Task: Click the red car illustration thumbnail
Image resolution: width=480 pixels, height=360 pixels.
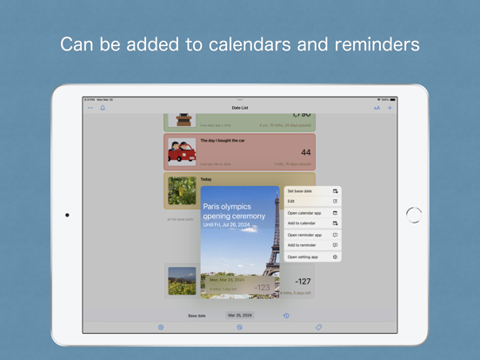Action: click(x=182, y=153)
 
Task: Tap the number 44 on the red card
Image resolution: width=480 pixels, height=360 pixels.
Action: click(x=305, y=153)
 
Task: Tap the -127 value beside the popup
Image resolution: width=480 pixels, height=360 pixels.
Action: click(x=303, y=281)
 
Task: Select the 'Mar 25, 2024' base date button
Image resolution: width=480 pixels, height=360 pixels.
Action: click(x=240, y=316)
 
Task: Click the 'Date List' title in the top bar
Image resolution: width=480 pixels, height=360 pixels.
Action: click(x=240, y=108)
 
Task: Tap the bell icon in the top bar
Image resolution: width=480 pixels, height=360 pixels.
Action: click(x=103, y=108)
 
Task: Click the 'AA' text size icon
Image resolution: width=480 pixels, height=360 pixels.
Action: click(x=377, y=108)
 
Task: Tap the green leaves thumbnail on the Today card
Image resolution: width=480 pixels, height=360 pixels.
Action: click(x=182, y=191)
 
